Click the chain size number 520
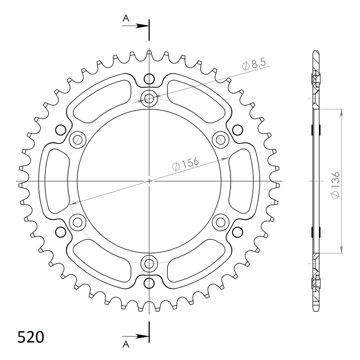click(31, 337)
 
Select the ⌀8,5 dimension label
click(253, 65)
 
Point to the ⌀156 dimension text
click(186, 164)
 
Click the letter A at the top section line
click(126, 18)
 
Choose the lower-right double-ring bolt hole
click(220, 221)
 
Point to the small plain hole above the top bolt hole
click(149, 79)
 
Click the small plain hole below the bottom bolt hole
click(149, 283)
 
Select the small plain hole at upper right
click(237, 130)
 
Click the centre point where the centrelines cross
click(149, 181)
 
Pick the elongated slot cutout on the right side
click(242, 181)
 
